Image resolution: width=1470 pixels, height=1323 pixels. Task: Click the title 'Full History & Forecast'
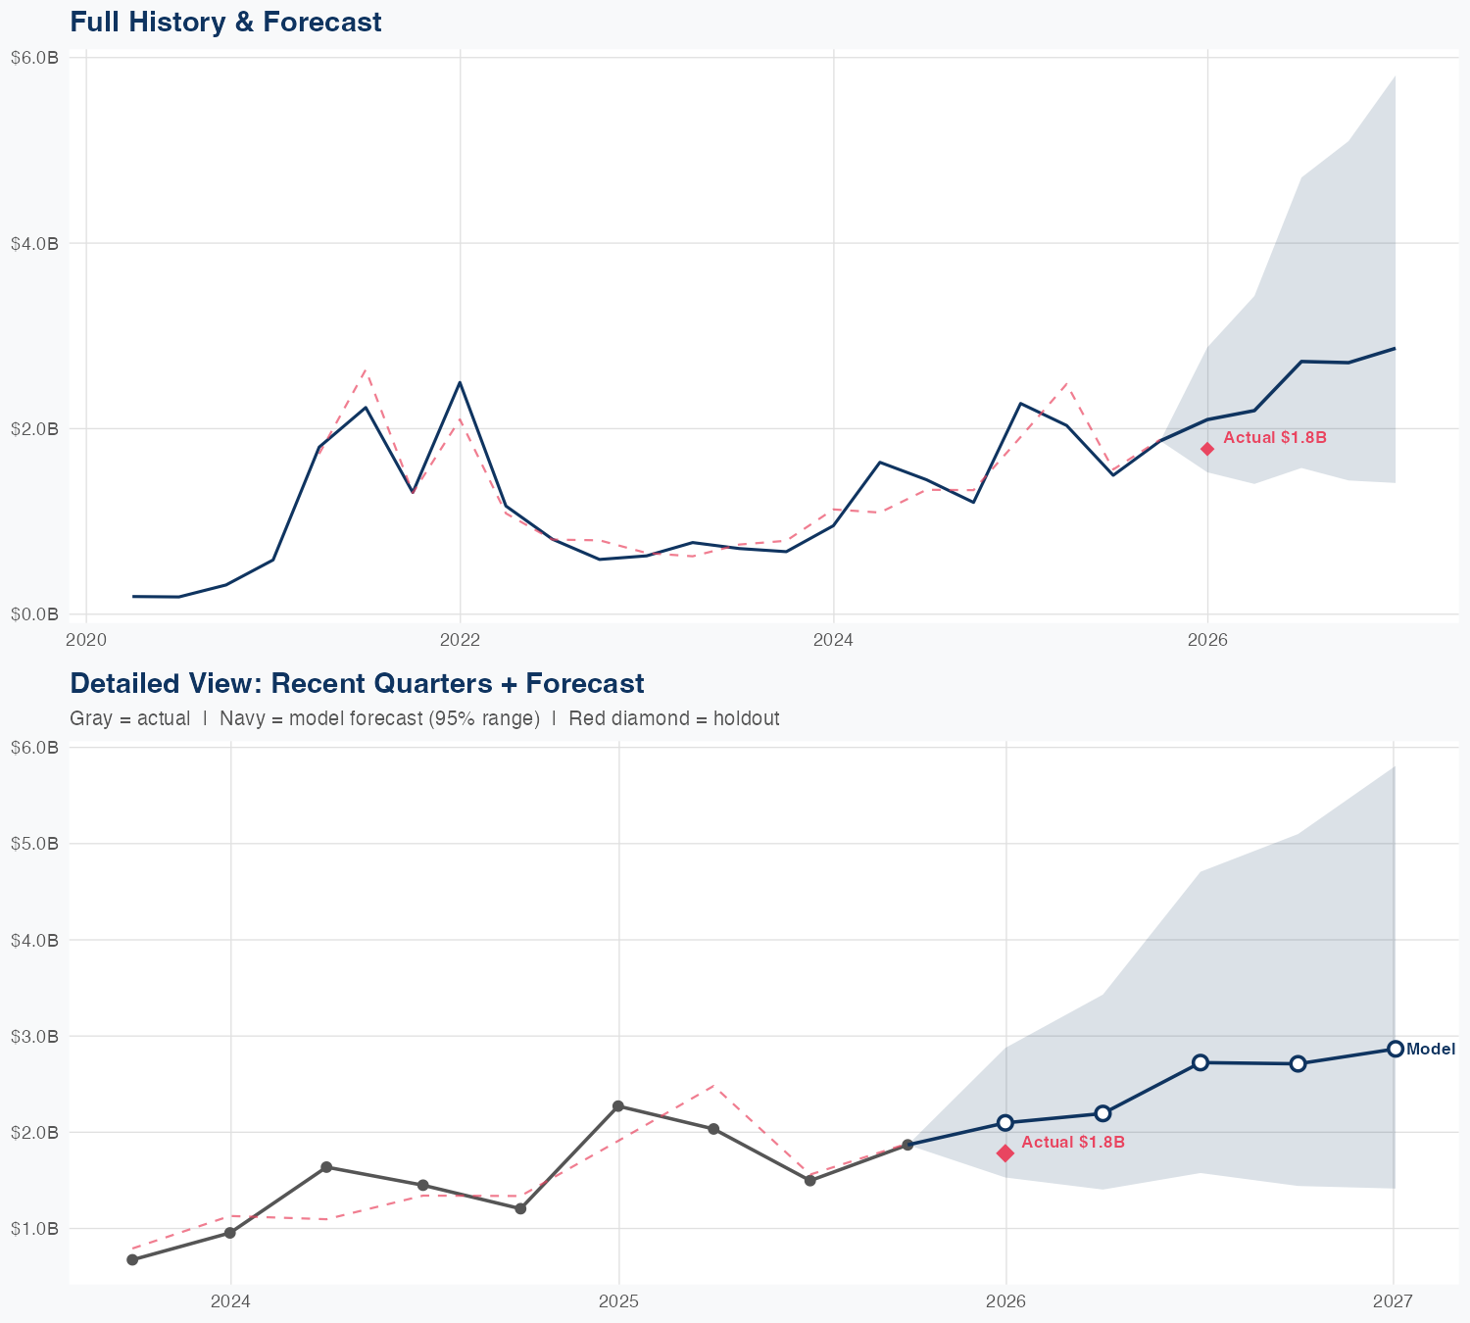pos(225,22)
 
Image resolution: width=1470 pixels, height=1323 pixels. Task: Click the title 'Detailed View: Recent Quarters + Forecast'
pos(357,683)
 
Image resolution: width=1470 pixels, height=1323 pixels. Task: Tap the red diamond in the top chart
pos(1207,449)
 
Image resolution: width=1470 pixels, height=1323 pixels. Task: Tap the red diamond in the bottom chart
pos(1005,1153)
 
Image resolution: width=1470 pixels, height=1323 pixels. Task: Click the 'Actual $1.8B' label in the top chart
pos(1274,437)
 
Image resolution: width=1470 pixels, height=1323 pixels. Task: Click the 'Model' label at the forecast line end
pos(1431,1050)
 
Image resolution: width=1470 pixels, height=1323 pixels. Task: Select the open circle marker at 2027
pos(1395,1049)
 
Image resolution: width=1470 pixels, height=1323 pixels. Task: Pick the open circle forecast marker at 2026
pos(1005,1123)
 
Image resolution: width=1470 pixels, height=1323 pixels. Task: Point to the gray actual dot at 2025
pos(618,1106)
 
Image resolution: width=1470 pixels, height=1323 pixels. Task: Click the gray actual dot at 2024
pos(230,1233)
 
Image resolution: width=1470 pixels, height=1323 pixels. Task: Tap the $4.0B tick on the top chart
pos(34,243)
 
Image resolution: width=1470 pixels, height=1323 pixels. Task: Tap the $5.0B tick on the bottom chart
pos(34,844)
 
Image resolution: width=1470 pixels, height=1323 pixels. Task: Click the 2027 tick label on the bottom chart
pos(1393,1301)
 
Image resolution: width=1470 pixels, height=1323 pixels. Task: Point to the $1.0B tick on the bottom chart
pos(34,1229)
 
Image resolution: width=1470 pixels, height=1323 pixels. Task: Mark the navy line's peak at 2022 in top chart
pos(460,382)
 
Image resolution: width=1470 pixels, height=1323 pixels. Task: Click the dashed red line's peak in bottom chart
pos(713,1086)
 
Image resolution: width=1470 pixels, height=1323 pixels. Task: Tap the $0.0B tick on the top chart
pos(34,614)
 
